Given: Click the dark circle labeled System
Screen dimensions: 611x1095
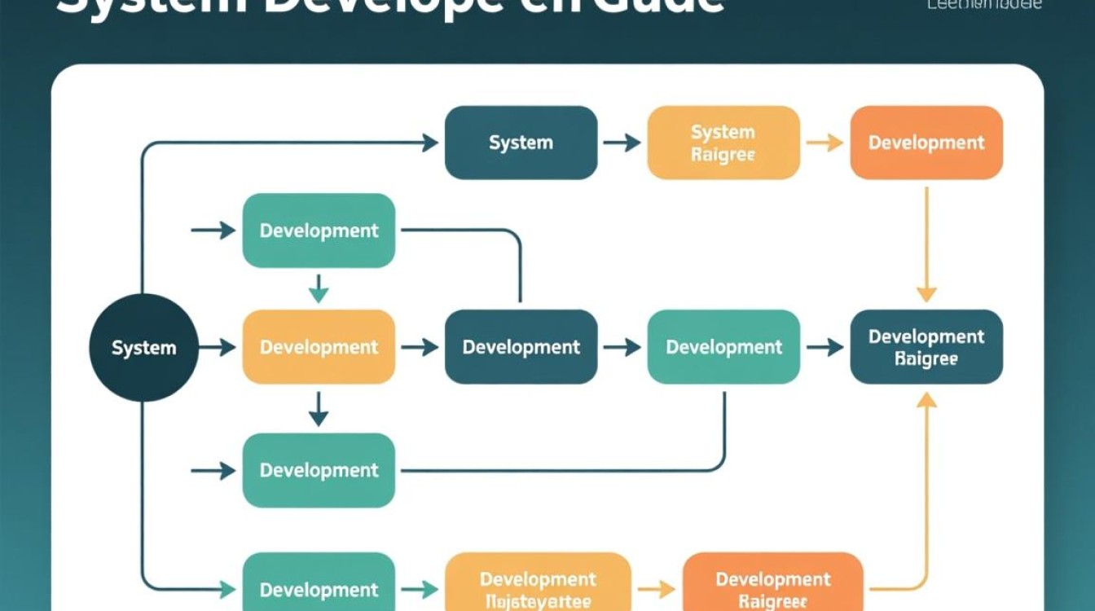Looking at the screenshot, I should coord(143,348).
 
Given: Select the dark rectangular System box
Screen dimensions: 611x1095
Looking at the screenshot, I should coord(521,143).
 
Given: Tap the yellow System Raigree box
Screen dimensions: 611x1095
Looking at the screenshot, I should coord(723,143).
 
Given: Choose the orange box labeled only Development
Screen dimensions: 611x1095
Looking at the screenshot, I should coord(926,143).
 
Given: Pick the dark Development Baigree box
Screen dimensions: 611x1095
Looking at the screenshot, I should coord(926,347).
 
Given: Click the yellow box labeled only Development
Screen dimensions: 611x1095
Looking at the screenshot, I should coord(319,347).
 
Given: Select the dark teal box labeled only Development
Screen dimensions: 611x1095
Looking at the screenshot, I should coord(521,347).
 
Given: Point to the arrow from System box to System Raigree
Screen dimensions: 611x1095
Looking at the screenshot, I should coord(622,143).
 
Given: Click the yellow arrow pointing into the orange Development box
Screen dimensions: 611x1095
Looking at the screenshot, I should coord(825,143).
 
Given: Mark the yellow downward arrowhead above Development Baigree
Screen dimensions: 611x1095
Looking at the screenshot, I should coord(926,293).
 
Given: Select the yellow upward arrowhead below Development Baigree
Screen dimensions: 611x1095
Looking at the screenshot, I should coord(926,400).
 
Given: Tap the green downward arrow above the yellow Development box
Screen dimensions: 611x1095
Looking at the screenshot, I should coord(319,288).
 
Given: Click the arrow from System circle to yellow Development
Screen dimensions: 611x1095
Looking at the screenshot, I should coord(218,348).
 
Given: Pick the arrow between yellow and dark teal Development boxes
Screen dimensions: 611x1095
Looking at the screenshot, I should coord(420,348).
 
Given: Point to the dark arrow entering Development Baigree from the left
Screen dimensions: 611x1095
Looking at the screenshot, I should coord(825,348).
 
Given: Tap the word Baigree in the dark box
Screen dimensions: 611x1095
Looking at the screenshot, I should coord(926,359).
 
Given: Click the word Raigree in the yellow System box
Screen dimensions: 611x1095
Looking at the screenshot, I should coord(723,155).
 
